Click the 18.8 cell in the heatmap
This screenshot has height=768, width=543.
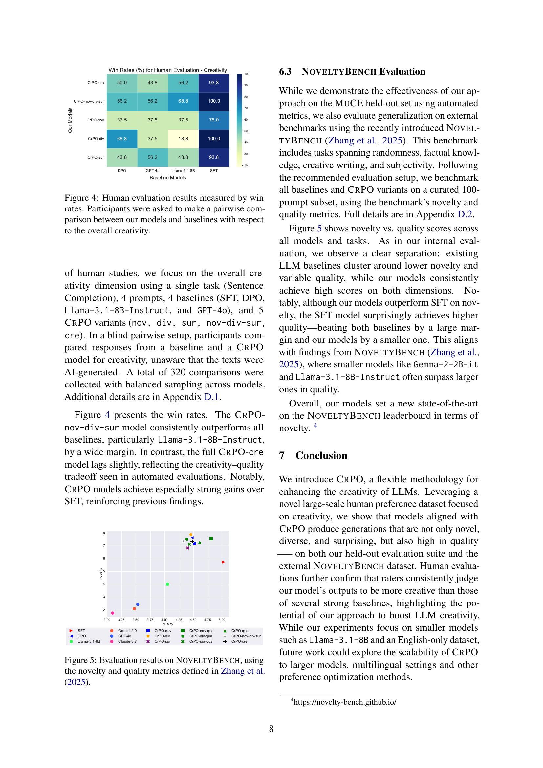(x=183, y=139)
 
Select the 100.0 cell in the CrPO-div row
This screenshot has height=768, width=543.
(x=214, y=139)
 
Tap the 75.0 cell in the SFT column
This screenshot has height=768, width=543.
(x=214, y=120)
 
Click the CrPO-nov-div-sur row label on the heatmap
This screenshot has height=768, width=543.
(x=89, y=101)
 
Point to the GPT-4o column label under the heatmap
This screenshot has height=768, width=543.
(x=152, y=171)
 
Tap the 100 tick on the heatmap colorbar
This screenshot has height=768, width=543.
(x=247, y=74)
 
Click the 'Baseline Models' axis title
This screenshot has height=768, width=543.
(x=167, y=178)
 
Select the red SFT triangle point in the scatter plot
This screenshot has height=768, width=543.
(x=223, y=562)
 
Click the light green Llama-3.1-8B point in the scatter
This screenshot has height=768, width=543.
(x=167, y=584)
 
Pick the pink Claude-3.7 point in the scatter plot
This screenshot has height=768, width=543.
(x=113, y=613)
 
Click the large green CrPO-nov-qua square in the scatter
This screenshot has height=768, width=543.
(x=211, y=538)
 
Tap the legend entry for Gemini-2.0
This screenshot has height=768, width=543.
(x=127, y=631)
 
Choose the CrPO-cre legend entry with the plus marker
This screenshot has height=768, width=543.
(x=239, y=642)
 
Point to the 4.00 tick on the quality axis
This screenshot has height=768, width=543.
(x=164, y=620)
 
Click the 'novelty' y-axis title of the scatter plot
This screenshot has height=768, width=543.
(x=101, y=574)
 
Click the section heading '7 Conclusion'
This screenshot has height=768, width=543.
(x=313, y=456)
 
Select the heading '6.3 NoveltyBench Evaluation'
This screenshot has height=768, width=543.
(x=352, y=72)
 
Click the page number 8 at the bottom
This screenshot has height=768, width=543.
(x=271, y=729)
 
